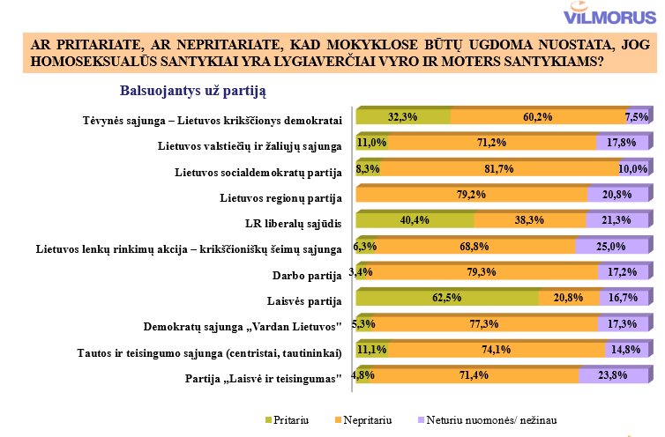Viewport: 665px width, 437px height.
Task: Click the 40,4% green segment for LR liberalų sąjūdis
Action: click(x=415, y=220)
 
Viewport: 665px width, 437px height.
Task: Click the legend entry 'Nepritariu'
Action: click(x=363, y=418)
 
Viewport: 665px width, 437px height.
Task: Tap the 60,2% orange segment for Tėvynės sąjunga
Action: click(x=539, y=116)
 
